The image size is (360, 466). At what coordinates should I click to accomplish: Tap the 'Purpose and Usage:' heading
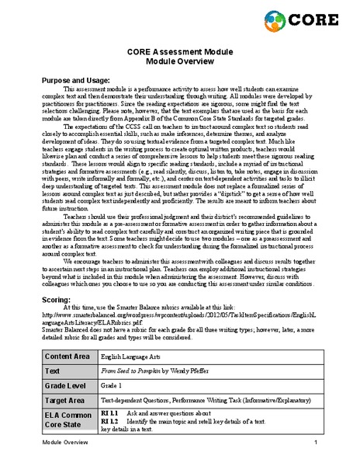coord(74,80)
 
